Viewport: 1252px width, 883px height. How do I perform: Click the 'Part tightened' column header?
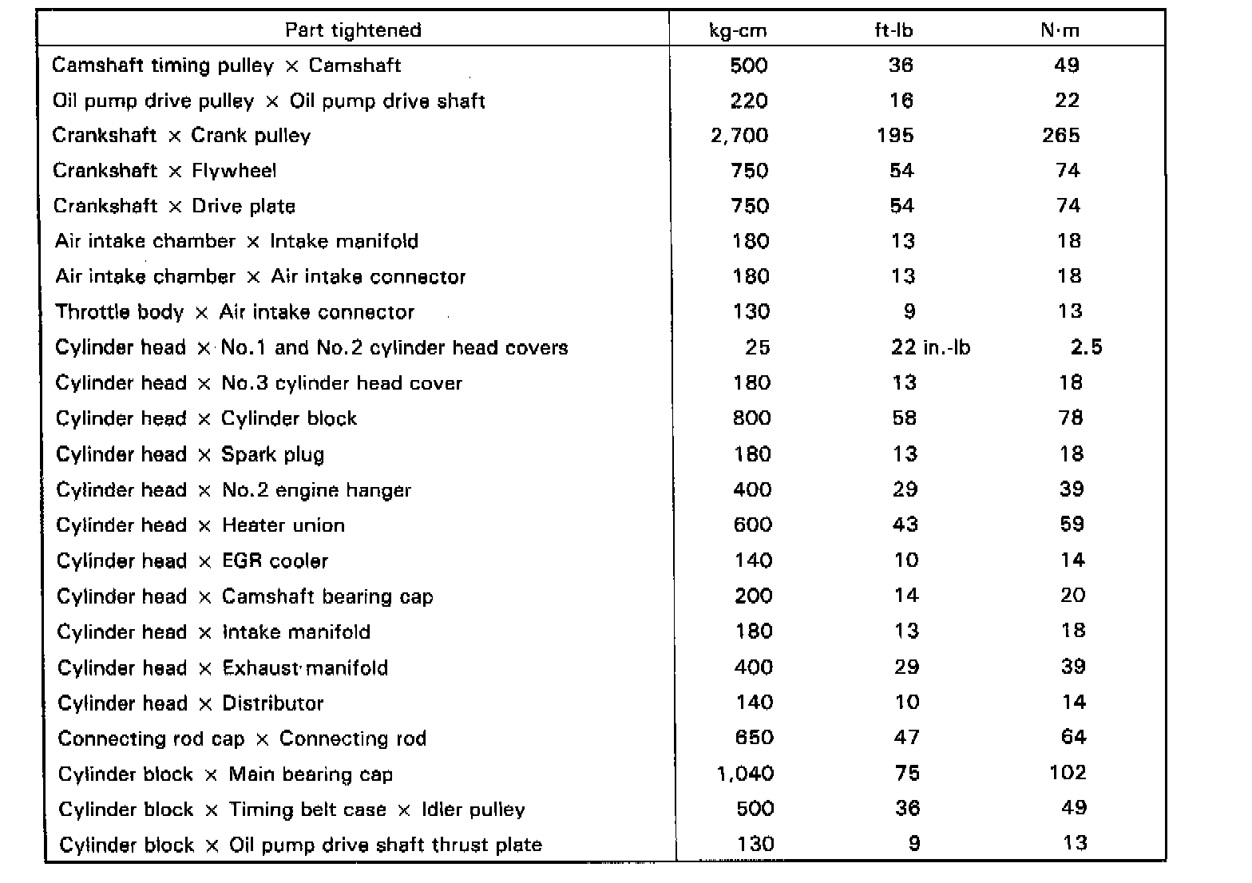[x=353, y=30]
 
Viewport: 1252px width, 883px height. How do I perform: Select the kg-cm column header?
[x=738, y=30]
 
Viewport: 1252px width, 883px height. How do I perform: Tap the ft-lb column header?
[x=893, y=30]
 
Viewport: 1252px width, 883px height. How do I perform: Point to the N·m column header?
[x=1060, y=30]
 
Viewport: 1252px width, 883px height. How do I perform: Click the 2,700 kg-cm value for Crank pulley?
[x=739, y=136]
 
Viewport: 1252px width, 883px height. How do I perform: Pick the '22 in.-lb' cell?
[x=930, y=347]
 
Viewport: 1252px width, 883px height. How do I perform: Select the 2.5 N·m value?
[x=1086, y=347]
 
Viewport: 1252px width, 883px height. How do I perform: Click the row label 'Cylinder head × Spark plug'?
[x=190, y=454]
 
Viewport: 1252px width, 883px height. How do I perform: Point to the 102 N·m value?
[x=1068, y=773]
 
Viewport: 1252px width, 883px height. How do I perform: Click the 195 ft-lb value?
[x=895, y=136]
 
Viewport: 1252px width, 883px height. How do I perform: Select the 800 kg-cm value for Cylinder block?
[x=752, y=418]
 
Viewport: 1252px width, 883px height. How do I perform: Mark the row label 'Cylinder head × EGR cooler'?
[x=192, y=561]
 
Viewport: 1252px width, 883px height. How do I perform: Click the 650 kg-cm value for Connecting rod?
[x=754, y=738]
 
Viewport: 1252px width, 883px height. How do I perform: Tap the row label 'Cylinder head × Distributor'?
[x=191, y=703]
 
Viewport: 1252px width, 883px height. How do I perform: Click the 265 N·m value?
[x=1060, y=136]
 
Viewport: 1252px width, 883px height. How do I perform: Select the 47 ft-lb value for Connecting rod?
[x=906, y=738]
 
